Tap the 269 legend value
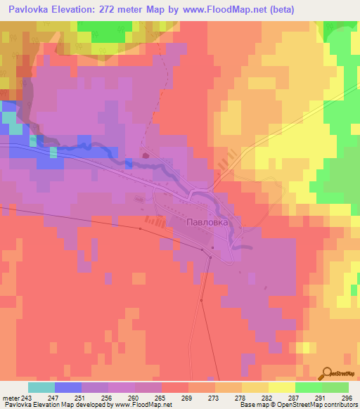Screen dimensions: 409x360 coord(188,397)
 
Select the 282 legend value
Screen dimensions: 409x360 coord(268,397)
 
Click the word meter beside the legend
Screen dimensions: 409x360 coord(10,397)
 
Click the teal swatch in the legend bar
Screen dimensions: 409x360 coord(41,387)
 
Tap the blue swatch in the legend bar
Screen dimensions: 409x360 coord(68,387)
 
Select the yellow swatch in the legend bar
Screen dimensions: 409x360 coord(281,387)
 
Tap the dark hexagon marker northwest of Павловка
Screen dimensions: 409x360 coord(145,156)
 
